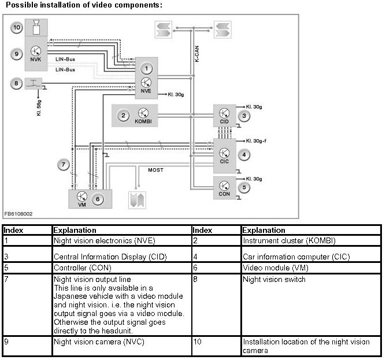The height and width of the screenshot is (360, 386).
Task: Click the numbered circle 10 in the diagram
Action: [17, 27]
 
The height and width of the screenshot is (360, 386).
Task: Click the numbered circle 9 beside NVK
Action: [17, 54]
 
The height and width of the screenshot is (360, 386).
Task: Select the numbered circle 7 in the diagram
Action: [64, 165]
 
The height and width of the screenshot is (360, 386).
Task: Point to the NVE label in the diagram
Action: [147, 92]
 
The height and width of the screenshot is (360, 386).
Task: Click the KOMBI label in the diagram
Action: [143, 123]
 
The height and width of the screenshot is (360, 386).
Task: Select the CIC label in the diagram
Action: [225, 161]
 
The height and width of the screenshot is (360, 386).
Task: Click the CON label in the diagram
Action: [225, 194]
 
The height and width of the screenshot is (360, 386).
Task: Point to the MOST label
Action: [155, 170]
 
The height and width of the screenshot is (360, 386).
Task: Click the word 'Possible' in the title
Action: [20, 5]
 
